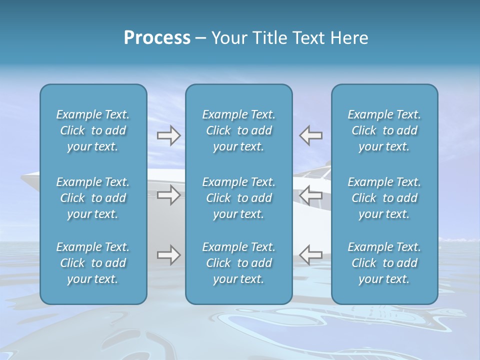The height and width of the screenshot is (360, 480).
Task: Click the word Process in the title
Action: (157, 38)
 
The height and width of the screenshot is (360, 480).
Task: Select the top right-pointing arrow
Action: (168, 135)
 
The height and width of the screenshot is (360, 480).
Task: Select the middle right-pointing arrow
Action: (168, 195)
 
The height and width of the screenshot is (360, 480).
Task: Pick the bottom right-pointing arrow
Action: (168, 255)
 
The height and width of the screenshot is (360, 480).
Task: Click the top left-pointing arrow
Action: (310, 135)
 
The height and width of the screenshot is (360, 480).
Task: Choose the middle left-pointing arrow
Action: (310, 195)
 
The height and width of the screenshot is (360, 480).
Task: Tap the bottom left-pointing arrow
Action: (310, 255)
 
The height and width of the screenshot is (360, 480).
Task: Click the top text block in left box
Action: (93, 130)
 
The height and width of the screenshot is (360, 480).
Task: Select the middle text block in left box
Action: (93, 198)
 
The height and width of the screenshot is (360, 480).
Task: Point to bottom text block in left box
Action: (93, 263)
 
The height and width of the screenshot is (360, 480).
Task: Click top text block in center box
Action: (239, 130)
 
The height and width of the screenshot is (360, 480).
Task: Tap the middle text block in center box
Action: (239, 198)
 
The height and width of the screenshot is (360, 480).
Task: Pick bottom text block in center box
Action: (239, 263)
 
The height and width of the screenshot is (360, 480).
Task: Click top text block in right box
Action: (384, 130)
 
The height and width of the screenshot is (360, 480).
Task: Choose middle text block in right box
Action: (384, 198)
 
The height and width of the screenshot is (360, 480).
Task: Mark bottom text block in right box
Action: (384, 263)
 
